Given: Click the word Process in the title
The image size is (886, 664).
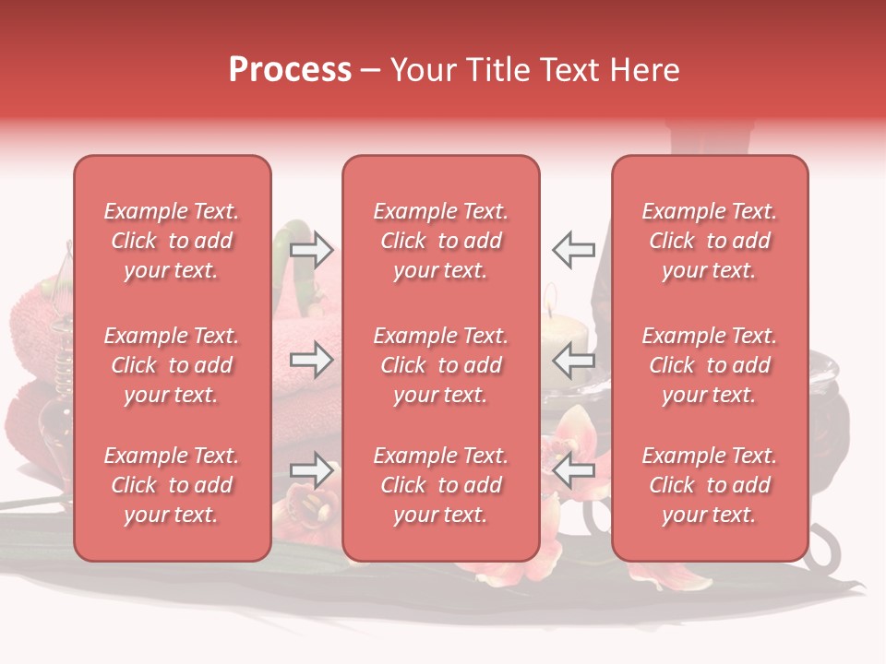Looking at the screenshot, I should [290, 69].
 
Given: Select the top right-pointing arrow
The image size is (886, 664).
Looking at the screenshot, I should [312, 248].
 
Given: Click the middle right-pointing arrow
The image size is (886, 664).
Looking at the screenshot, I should [312, 360].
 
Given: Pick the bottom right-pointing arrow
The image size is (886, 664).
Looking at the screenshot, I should [312, 470].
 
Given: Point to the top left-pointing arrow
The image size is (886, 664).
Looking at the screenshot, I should [573, 248].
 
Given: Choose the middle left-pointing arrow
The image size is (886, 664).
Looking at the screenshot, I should [573, 360].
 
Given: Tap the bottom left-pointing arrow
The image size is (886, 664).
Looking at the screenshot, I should [573, 470].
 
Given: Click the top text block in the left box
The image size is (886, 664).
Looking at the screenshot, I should [172, 241].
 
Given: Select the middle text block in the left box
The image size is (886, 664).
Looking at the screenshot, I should [172, 365].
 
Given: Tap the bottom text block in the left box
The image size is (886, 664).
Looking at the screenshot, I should [172, 485].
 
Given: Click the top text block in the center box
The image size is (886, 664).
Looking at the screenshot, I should [441, 241].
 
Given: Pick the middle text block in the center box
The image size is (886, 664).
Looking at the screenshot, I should [441, 365].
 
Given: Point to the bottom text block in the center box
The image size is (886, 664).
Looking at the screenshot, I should [441, 485].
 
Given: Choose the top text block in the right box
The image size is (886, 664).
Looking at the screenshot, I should [710, 241].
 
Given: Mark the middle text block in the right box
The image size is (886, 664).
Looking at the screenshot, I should [710, 365].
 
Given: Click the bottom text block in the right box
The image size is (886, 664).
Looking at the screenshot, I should [710, 485].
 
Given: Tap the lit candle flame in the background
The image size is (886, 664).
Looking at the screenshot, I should [550, 295].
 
